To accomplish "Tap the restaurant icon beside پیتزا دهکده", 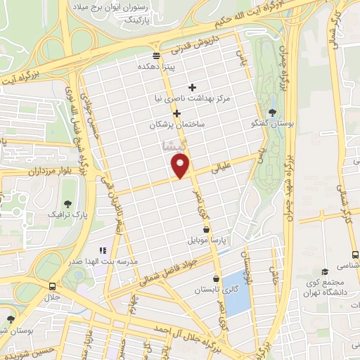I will (x=156, y=56).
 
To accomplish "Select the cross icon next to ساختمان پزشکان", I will (x=176, y=112).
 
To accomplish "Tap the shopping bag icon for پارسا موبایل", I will (x=205, y=229).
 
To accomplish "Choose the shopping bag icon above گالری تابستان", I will (x=217, y=279).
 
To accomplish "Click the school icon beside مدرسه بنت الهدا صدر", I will (x=103, y=250).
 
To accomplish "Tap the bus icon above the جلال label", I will (x=53, y=286).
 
